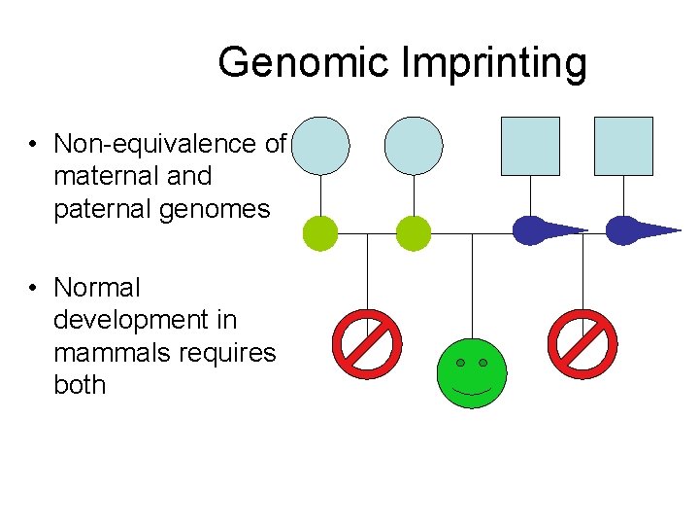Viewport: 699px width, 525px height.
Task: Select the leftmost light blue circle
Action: (x=320, y=146)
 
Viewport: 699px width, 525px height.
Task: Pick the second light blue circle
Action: (x=414, y=146)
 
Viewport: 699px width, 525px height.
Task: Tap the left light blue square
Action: (x=530, y=146)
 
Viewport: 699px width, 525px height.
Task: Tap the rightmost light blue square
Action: (x=623, y=146)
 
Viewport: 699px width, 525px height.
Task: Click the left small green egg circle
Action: (x=320, y=233)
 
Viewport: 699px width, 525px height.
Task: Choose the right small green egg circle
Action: (x=414, y=233)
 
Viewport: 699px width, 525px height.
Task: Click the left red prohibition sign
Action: (x=367, y=344)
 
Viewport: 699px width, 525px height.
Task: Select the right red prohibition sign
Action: (x=582, y=344)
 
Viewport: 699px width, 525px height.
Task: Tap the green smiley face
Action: (x=472, y=373)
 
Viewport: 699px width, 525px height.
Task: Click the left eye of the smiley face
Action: (x=460, y=363)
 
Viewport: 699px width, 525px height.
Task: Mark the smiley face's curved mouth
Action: (x=472, y=391)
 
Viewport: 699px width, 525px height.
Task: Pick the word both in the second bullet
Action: (x=80, y=384)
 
